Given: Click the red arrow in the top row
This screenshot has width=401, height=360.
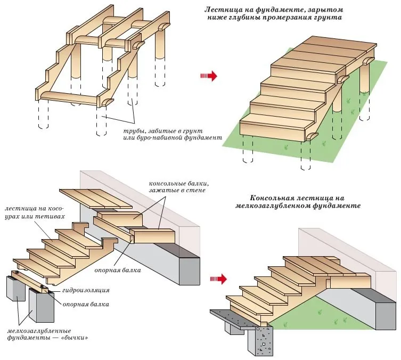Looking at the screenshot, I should click(208, 76).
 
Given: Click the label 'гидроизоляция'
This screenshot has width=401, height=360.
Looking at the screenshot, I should click(85, 290).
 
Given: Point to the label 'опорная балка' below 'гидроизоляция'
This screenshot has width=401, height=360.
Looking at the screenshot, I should click(86, 304).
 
